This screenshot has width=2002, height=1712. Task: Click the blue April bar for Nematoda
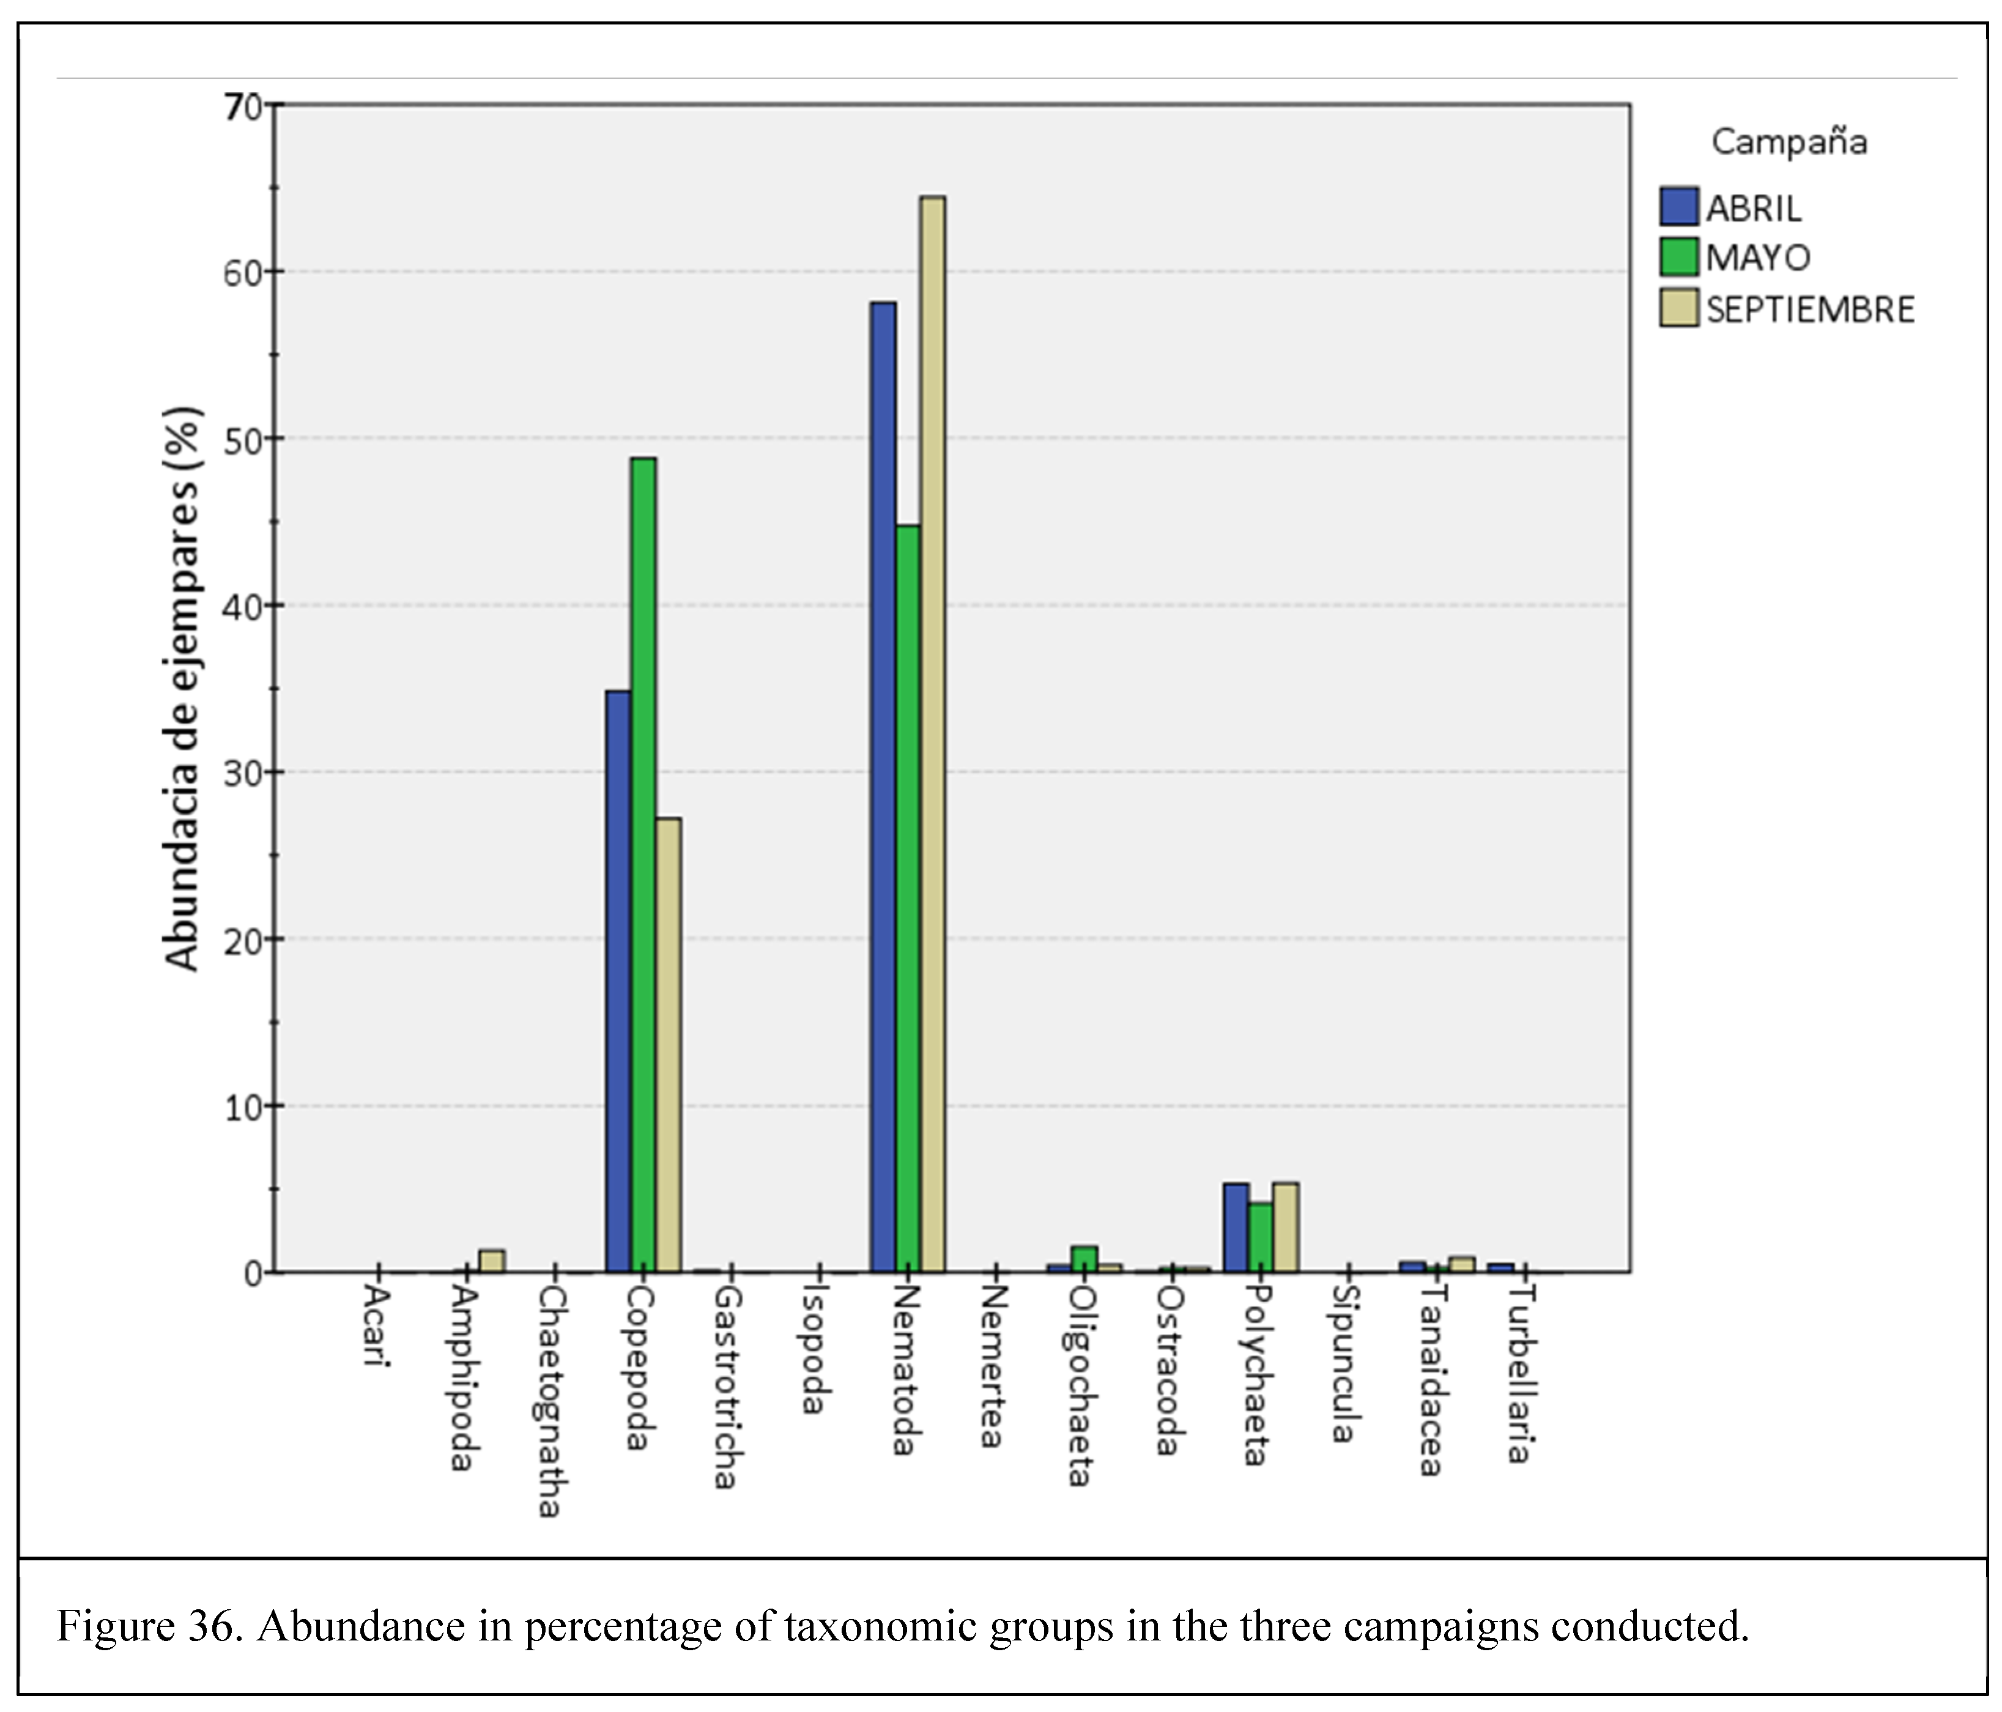(x=882, y=787)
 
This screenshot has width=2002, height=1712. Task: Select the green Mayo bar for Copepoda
(x=642, y=865)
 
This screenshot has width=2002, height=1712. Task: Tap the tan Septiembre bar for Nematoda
(x=932, y=734)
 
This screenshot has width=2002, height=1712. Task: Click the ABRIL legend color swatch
(x=1679, y=207)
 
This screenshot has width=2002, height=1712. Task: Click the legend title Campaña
(x=1789, y=142)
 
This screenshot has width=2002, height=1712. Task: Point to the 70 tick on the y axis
(x=243, y=106)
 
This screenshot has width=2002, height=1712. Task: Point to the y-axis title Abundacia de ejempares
(x=182, y=688)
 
